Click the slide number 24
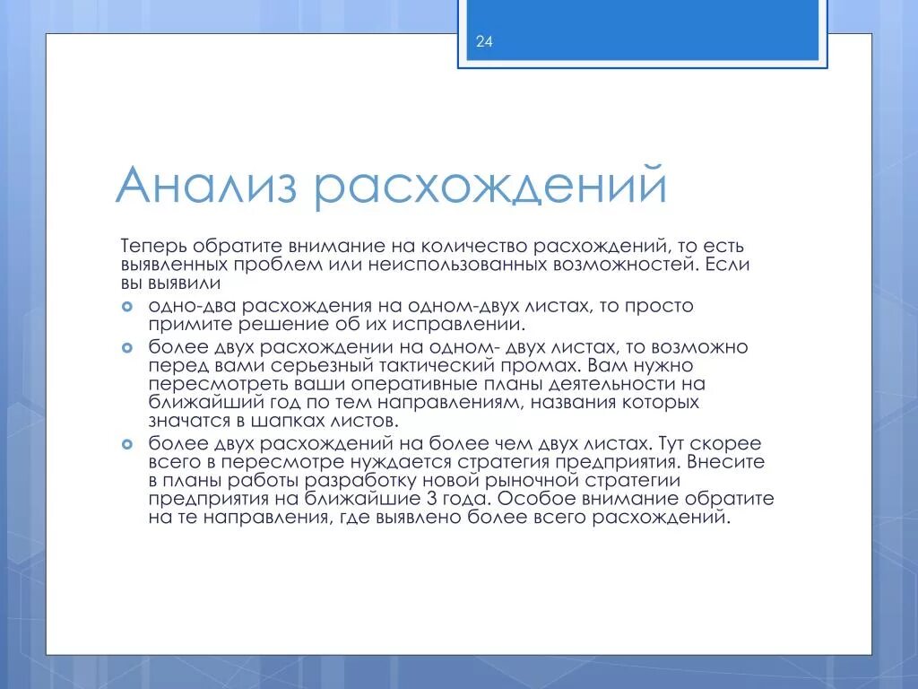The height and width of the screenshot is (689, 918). (x=484, y=41)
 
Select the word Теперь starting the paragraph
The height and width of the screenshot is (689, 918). (x=152, y=246)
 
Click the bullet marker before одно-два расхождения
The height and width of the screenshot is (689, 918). (x=127, y=306)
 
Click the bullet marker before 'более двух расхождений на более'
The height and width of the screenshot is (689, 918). (x=127, y=443)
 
